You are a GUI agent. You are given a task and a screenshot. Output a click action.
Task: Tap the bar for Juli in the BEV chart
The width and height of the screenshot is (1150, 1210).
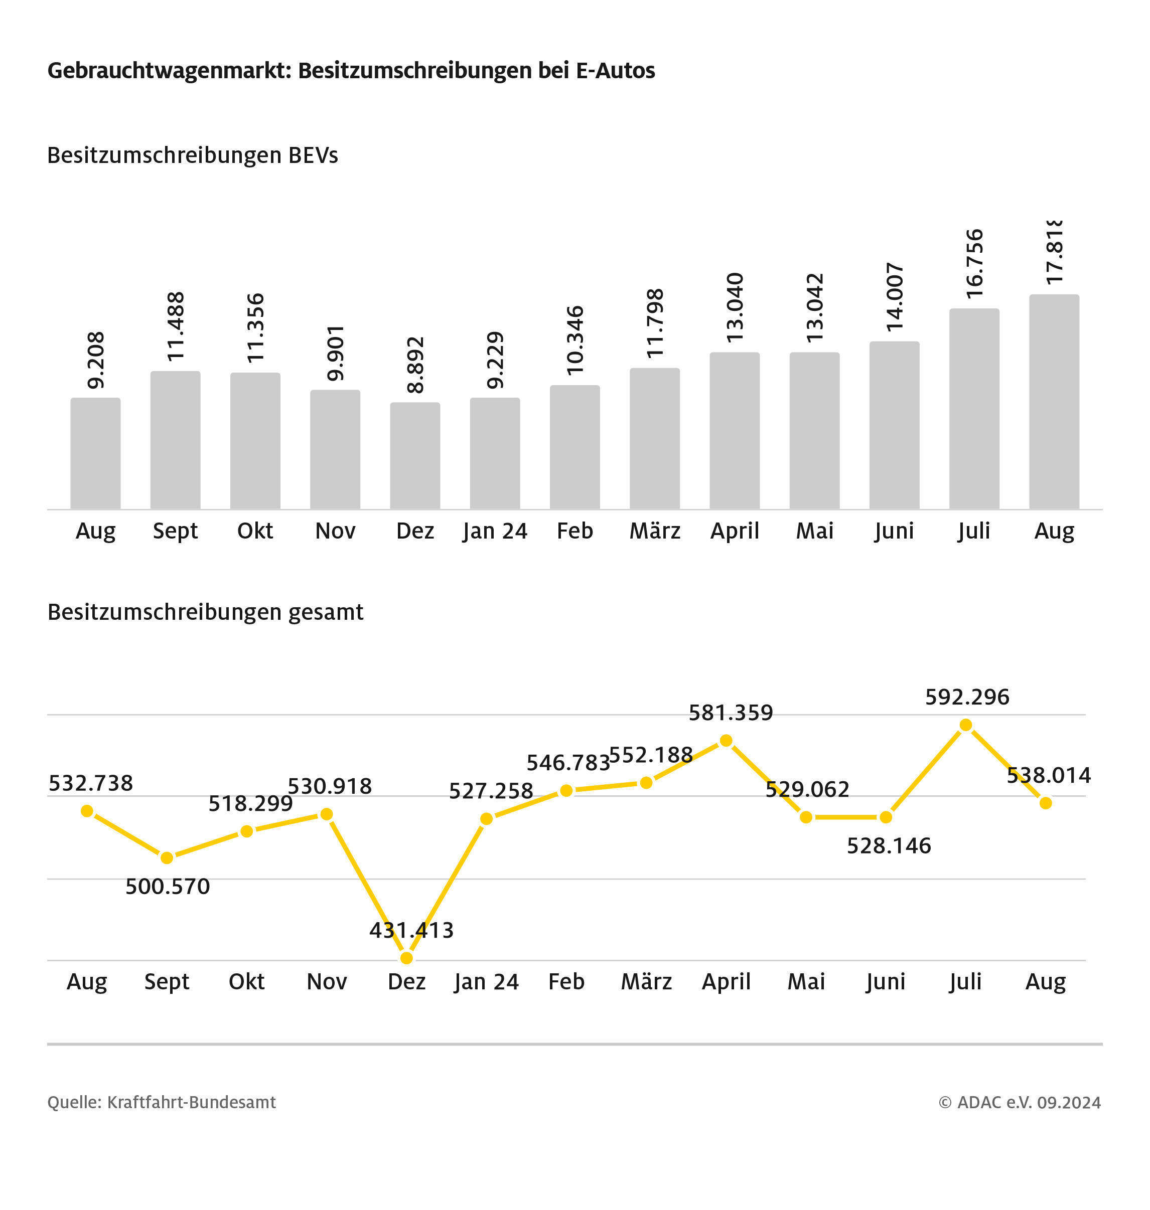point(974,409)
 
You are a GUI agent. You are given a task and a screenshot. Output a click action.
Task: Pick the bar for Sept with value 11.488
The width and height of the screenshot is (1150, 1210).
point(175,440)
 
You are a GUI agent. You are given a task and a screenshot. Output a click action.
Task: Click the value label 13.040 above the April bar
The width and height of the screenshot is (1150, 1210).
point(735,307)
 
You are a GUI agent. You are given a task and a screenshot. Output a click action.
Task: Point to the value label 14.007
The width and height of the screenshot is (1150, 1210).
point(895,297)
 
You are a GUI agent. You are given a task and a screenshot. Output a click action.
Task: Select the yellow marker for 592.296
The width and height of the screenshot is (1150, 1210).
point(965,725)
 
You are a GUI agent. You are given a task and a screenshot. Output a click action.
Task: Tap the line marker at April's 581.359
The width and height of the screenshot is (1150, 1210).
point(726,741)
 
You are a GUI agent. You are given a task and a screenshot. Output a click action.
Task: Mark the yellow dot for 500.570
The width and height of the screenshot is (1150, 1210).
point(167,857)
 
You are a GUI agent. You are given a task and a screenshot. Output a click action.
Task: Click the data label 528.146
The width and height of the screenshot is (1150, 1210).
point(889,846)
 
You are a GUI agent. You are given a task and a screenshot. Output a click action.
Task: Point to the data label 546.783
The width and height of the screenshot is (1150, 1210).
point(568,763)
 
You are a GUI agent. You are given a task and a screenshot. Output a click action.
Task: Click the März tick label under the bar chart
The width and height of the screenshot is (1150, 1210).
point(655,531)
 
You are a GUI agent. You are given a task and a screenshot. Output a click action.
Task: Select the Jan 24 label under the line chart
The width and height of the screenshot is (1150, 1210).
point(486,981)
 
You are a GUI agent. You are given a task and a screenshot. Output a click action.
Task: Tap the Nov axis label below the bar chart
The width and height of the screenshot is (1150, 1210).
point(335,531)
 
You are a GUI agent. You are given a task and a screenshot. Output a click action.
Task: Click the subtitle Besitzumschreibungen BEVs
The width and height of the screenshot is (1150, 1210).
point(193,155)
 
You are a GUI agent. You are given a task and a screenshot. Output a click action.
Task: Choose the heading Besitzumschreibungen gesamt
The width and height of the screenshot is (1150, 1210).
point(205,612)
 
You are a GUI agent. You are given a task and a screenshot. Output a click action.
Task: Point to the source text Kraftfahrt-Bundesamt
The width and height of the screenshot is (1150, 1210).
point(191,1102)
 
